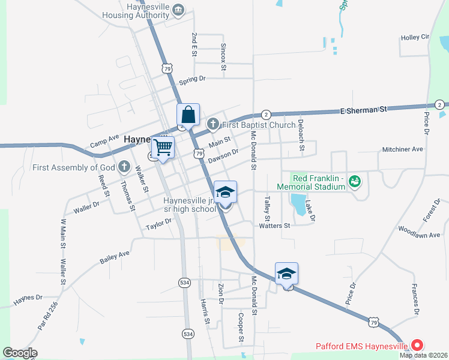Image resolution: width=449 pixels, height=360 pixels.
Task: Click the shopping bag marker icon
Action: click(x=188, y=114)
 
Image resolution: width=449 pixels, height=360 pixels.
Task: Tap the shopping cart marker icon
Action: click(x=162, y=147)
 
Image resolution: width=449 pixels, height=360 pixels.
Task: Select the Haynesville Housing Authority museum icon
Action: click(x=178, y=10)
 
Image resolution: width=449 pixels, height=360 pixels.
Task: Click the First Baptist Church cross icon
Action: click(x=212, y=125)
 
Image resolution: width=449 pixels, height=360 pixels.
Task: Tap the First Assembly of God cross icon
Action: click(x=124, y=166)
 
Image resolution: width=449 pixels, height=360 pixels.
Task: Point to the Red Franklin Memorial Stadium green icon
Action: click(x=354, y=179)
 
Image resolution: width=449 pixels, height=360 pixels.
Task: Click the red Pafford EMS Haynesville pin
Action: click(x=416, y=346)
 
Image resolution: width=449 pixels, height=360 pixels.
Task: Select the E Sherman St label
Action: click(x=363, y=110)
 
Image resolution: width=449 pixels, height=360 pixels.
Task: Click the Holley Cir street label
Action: click(x=416, y=38)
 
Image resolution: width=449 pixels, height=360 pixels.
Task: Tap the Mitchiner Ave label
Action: click(x=403, y=149)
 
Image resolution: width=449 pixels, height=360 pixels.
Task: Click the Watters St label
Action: click(x=274, y=226)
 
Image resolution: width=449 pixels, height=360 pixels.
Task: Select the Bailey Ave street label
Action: click(x=115, y=258)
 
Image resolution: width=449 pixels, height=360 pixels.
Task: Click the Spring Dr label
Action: click(x=192, y=79)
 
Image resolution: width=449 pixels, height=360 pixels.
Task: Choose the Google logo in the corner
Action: click(x=20, y=352)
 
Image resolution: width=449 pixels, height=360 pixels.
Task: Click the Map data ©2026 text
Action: click(x=423, y=355)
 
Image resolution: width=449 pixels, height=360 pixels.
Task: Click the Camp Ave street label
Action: click(x=104, y=142)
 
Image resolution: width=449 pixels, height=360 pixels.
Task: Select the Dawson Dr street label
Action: click(x=223, y=157)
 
